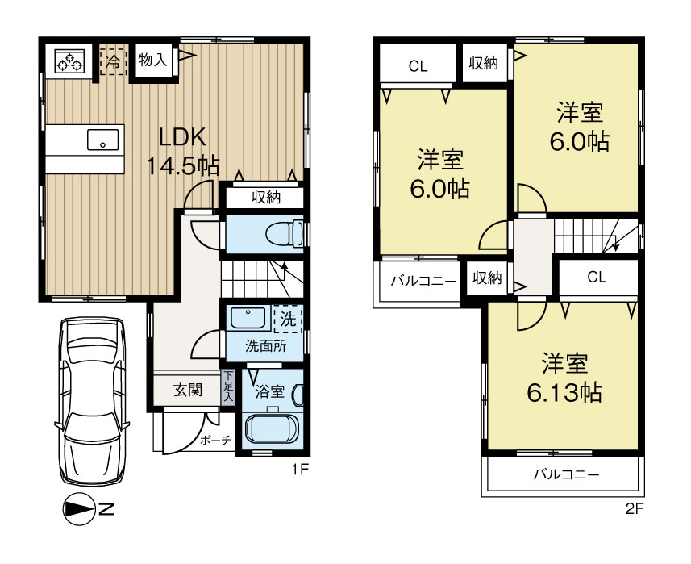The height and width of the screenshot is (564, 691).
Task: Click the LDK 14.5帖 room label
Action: point(182,152)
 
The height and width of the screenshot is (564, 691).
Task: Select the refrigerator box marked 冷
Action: point(113,61)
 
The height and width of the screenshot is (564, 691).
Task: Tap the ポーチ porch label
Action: point(216,441)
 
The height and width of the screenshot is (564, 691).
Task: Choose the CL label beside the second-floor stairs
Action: point(596,278)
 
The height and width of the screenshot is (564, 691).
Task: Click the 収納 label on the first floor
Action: point(264,196)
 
